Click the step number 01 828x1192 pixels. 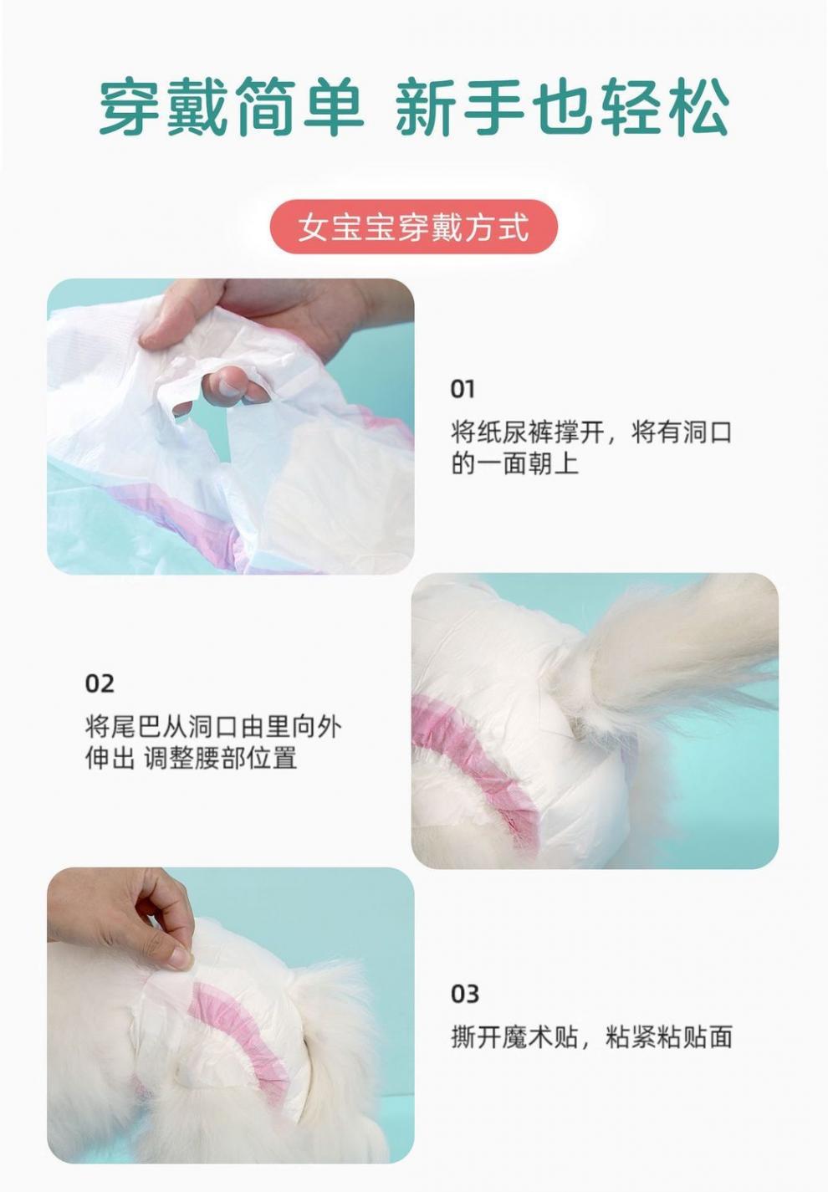tap(463, 389)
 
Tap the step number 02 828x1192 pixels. tap(99, 683)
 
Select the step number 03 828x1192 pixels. tap(465, 994)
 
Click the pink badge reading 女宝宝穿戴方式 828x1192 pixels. tap(413, 227)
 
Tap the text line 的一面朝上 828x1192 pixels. tap(514, 463)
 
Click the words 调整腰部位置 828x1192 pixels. tap(221, 758)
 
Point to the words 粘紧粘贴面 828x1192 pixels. tap(668, 1037)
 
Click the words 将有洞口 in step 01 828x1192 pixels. tap(682, 432)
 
